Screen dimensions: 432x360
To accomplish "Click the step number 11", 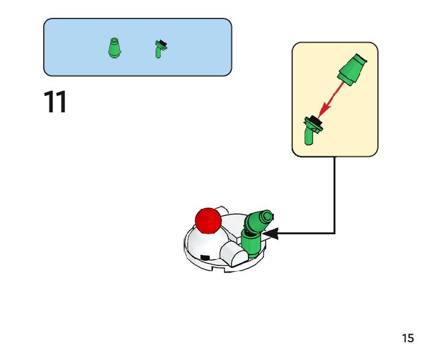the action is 55,102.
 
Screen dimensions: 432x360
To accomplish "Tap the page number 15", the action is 407,338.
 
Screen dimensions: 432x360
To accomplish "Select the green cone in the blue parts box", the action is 114,48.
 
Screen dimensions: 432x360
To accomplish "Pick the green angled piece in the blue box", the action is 160,49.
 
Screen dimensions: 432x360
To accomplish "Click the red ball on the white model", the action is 208,220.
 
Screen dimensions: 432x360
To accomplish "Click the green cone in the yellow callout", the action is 350,69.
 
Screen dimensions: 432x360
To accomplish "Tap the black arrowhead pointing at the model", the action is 271,234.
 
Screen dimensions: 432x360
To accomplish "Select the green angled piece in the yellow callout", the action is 311,130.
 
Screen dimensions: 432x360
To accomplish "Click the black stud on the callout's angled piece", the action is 314,119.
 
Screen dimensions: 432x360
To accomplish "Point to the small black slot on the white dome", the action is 205,256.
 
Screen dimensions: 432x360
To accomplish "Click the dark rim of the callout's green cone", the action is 360,59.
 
